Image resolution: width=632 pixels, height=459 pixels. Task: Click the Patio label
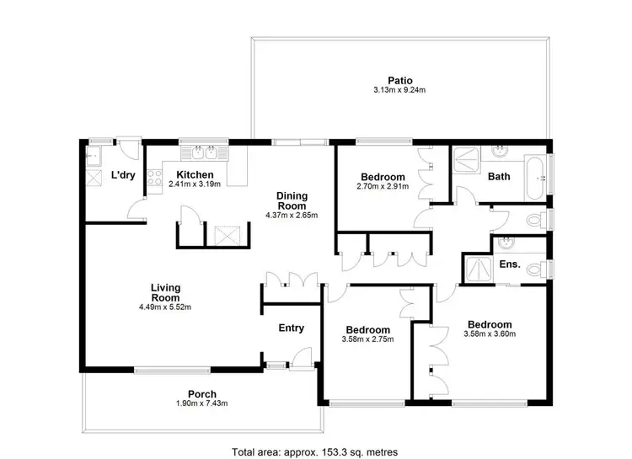pos(399,80)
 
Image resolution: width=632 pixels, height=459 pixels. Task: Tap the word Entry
pos(291,328)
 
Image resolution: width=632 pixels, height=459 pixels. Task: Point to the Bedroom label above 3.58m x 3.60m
pos(490,324)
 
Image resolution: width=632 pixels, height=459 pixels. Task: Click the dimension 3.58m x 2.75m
pos(367,339)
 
